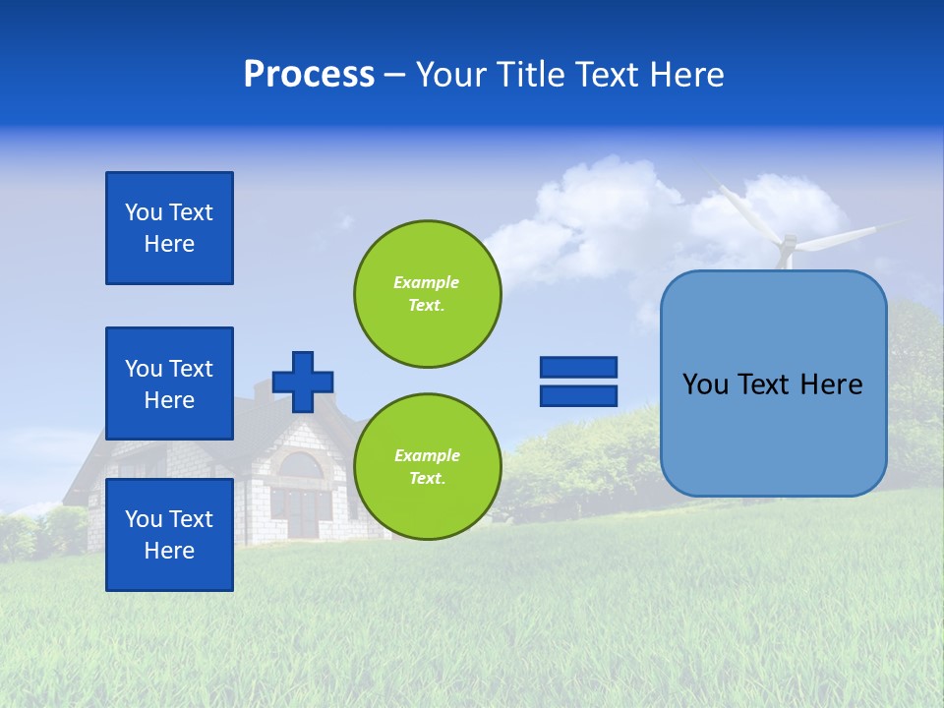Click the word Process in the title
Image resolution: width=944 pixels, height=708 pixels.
coord(309,75)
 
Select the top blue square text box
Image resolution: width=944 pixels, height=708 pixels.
coord(169,228)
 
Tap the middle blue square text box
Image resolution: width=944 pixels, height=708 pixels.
coord(169,383)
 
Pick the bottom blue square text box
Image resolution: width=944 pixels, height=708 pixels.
coord(169,535)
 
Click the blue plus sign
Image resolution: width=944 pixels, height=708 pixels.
coord(303,382)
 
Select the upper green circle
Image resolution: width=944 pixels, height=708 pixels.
coord(428,294)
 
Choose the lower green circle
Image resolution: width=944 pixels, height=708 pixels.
coord(428,467)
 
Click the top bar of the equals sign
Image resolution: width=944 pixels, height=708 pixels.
coord(578,367)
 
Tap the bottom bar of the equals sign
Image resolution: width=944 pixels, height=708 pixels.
coord(578,395)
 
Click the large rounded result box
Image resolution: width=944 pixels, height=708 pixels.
coord(774,383)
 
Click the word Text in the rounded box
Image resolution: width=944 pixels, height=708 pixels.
coord(772,384)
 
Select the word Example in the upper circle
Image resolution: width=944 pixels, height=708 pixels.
coord(426,282)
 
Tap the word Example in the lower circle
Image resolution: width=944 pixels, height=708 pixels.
coord(427,455)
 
